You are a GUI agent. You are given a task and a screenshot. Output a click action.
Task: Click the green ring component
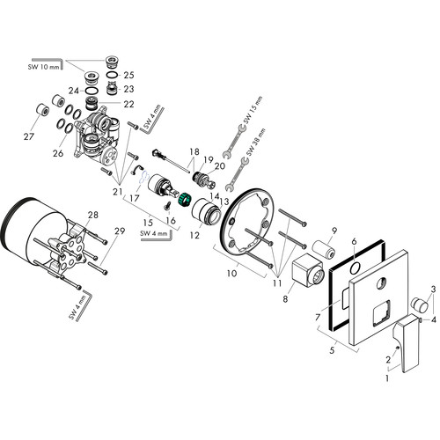tap(185, 200)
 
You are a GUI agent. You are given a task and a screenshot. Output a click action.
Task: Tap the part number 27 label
tap(29, 136)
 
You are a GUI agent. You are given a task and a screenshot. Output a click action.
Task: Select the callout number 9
tap(334, 231)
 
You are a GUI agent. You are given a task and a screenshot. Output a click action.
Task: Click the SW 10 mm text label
tap(43, 67)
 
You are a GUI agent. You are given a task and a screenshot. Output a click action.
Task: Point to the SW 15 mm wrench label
tap(253, 110)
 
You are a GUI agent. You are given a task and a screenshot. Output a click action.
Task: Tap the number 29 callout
tap(120, 231)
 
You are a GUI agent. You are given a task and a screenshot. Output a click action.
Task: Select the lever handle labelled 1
tap(408, 344)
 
